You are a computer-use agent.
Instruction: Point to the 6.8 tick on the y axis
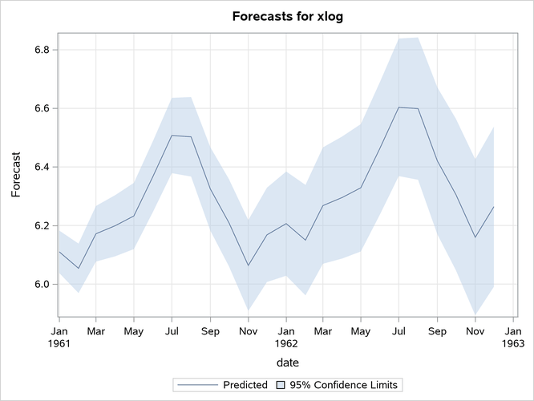pos(41,50)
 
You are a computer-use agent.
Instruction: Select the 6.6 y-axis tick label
pos(41,108)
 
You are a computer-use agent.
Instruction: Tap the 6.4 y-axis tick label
pos(41,167)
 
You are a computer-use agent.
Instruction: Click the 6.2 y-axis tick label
pos(41,225)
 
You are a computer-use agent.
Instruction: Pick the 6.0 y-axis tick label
pos(41,284)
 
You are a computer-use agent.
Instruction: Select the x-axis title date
pos(285,363)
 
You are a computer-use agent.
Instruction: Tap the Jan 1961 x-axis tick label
pos(59,336)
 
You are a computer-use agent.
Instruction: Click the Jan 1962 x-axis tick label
pos(286,336)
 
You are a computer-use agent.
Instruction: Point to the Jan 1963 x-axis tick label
pos(513,336)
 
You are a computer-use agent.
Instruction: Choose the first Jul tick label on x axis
pos(172,330)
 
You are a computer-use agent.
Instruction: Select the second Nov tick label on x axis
pos(475,330)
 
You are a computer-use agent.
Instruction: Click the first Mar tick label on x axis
pos(95,330)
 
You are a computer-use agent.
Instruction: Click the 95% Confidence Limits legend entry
pos(340,385)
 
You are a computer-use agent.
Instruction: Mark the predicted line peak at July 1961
pos(172,136)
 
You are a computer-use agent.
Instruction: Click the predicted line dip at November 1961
pos(249,265)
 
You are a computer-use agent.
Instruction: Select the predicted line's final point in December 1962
pos(494,207)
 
